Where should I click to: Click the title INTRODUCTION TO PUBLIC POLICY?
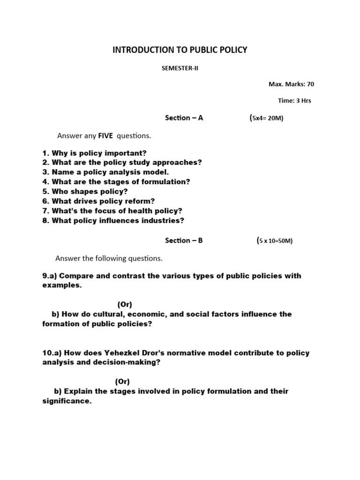click(x=180, y=50)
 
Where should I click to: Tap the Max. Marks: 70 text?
click(x=291, y=84)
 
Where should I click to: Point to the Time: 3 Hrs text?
click(x=294, y=100)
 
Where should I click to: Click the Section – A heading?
click(x=184, y=118)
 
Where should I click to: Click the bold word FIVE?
click(x=106, y=136)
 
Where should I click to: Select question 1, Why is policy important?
click(x=94, y=153)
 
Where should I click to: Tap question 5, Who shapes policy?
click(x=85, y=191)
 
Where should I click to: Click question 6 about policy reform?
click(x=98, y=201)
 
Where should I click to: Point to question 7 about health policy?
click(x=112, y=210)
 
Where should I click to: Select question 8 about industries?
click(x=113, y=220)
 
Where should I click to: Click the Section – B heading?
click(x=184, y=240)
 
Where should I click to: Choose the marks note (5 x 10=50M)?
click(x=274, y=241)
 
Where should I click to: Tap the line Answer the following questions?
click(x=109, y=258)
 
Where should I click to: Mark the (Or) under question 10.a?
click(x=122, y=381)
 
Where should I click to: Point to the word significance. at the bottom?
click(x=66, y=401)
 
